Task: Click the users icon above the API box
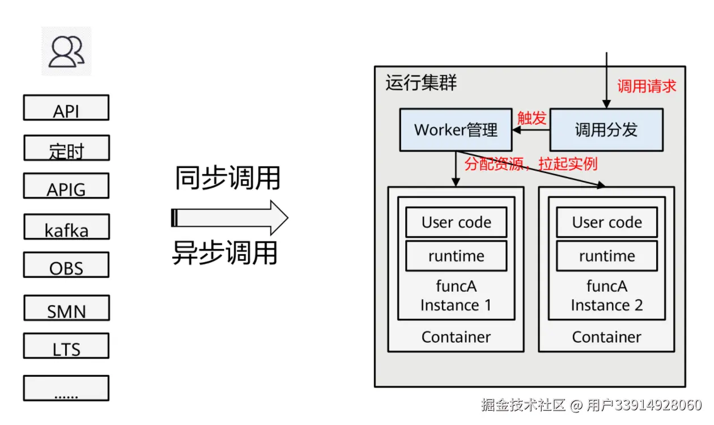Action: coord(66,52)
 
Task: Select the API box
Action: coord(66,108)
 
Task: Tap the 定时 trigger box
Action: coord(66,148)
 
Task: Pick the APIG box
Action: coord(66,186)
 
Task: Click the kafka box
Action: coord(66,227)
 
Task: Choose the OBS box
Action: coord(66,265)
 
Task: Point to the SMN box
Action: coord(66,308)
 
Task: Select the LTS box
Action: coord(66,346)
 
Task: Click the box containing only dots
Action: coord(66,388)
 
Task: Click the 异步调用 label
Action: coord(225,253)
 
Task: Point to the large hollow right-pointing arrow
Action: coord(229,217)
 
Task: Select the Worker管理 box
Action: coord(456,130)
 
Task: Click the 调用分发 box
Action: coord(606,130)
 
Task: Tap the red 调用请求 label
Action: coord(647,86)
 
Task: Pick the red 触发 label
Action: coord(532,117)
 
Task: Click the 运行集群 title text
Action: coord(421,83)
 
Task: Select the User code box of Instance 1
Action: coord(456,222)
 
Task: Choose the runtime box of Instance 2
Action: coord(607,256)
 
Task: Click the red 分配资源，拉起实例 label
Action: coord(531,165)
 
